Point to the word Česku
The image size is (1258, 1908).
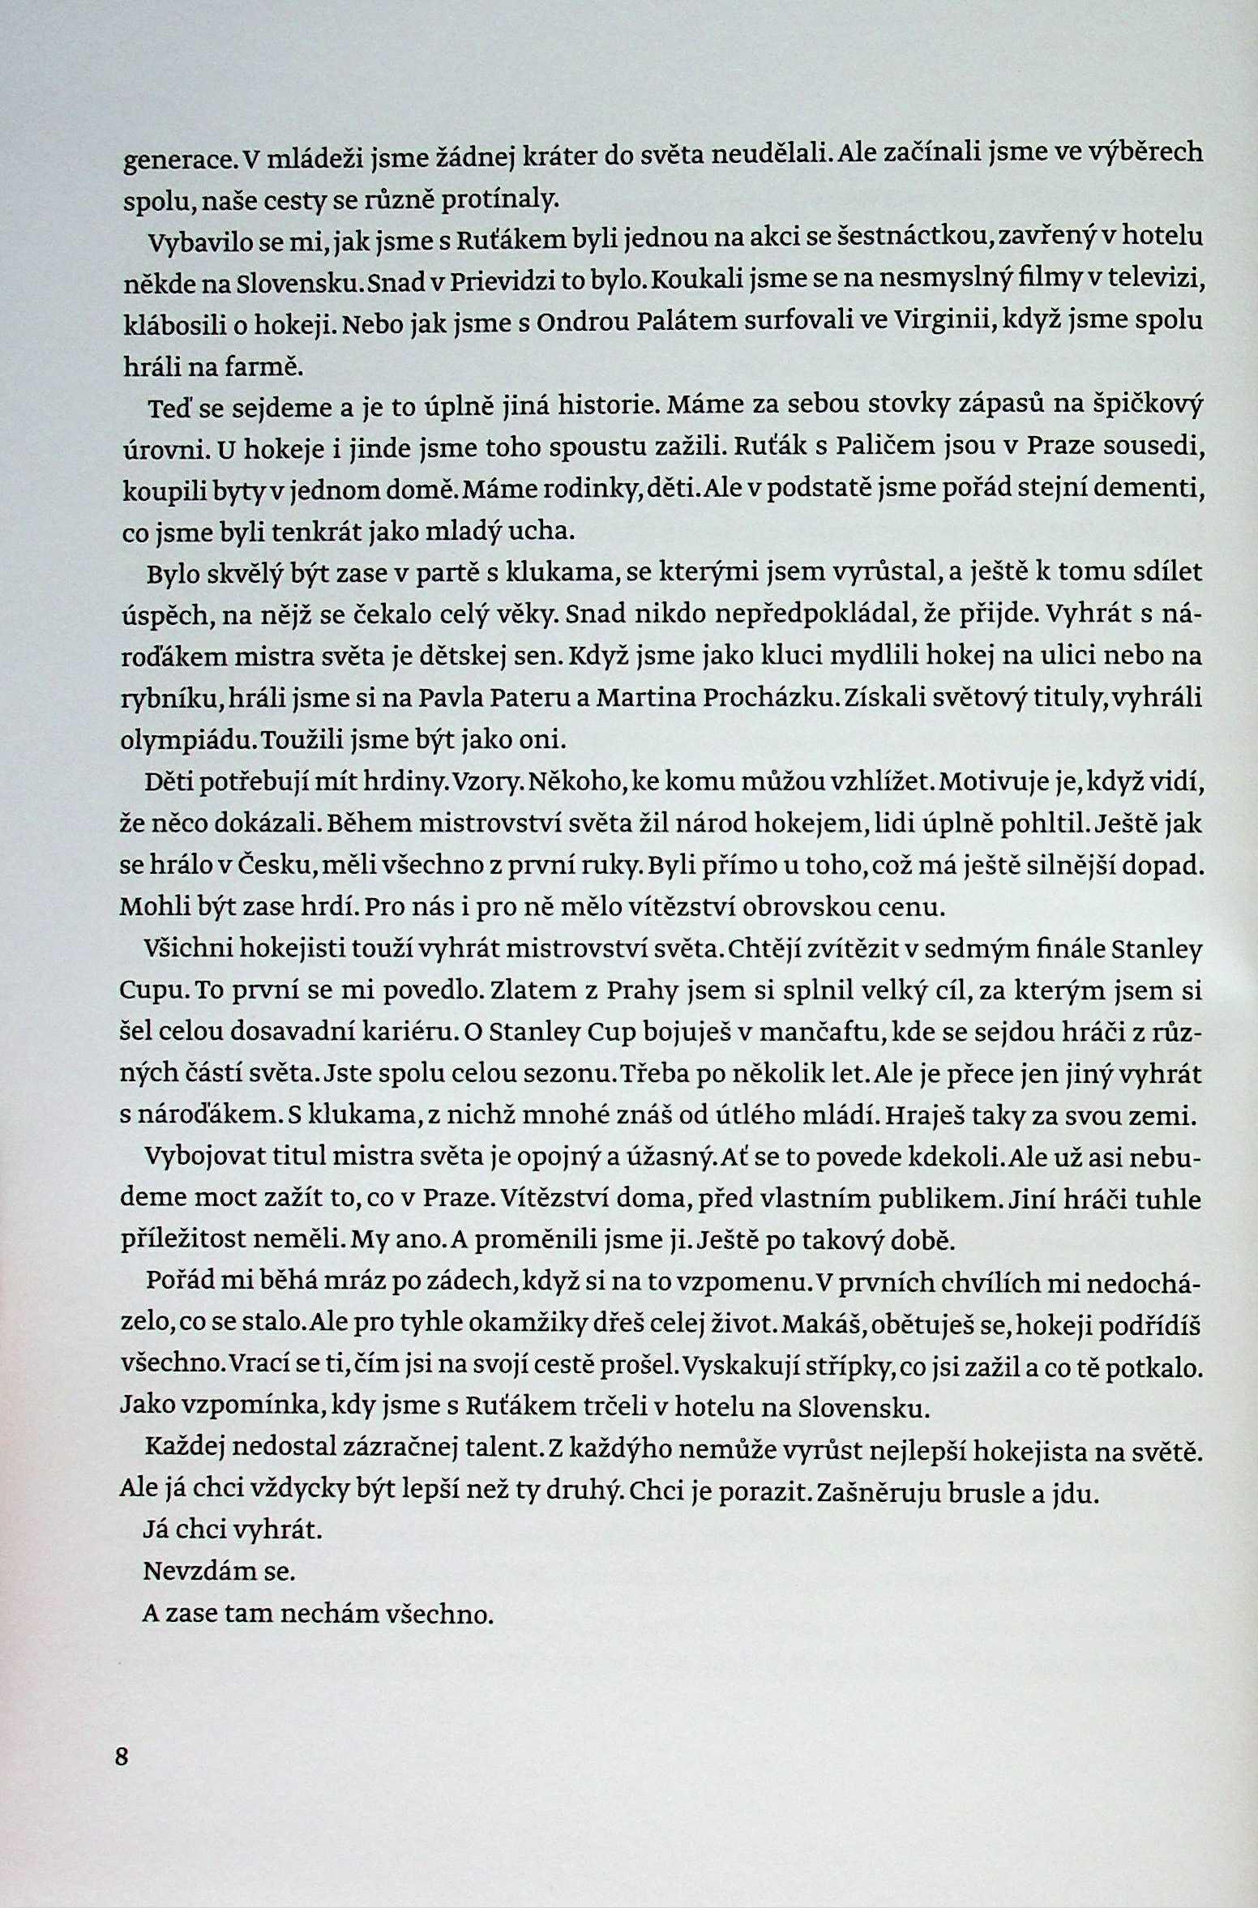(276, 866)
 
